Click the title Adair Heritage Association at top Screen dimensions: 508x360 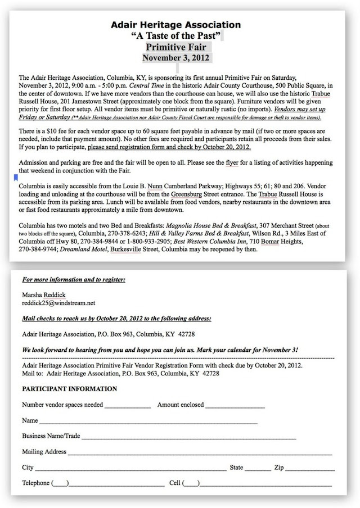click(176, 25)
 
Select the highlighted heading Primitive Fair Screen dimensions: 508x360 click(177, 47)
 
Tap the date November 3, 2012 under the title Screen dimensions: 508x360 click(176, 57)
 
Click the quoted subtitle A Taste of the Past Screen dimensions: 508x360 click(176, 36)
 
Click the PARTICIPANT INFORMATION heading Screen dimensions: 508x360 click(70, 389)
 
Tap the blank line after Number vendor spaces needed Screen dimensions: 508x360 click(127, 406)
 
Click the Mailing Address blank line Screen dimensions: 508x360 click(200, 452)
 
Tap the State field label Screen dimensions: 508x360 click(236, 468)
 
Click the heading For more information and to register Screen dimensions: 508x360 click(74, 279)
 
